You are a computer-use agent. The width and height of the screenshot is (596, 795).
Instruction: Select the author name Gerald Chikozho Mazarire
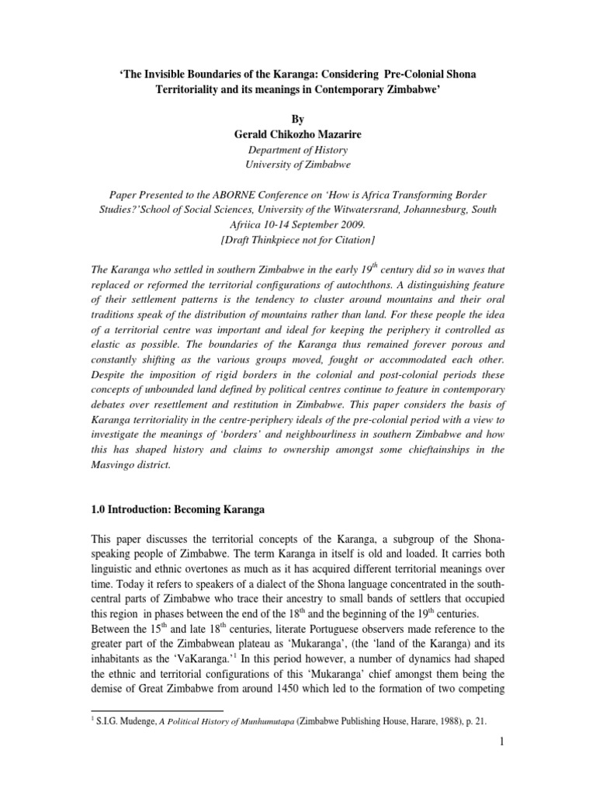(x=297, y=134)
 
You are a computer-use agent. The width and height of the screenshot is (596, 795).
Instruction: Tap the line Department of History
(x=297, y=150)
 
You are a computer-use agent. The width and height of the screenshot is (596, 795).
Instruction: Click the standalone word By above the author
(x=298, y=120)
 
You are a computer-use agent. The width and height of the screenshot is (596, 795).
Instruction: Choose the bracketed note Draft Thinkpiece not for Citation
(x=298, y=240)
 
